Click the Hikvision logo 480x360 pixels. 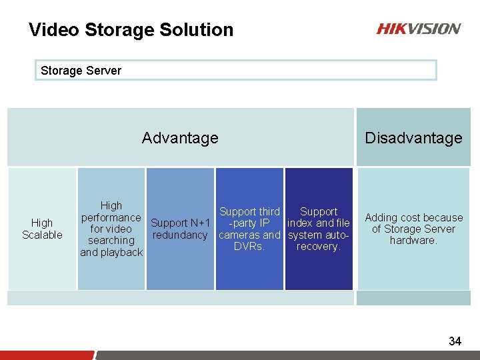[418, 29]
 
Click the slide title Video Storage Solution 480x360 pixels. [131, 30]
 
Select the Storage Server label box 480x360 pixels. [235, 70]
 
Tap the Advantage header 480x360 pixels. [180, 138]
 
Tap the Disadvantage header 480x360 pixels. [413, 138]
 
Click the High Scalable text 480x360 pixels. [42, 229]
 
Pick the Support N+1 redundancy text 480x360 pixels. [180, 229]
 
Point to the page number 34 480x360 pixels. [455, 341]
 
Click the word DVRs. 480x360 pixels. [249, 247]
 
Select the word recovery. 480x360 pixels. [319, 247]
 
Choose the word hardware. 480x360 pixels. [413, 241]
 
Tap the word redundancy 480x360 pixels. [180, 235]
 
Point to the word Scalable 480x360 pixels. [42, 235]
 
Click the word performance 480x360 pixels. [111, 217]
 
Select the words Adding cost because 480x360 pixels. [413, 217]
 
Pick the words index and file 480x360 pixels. [319, 223]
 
